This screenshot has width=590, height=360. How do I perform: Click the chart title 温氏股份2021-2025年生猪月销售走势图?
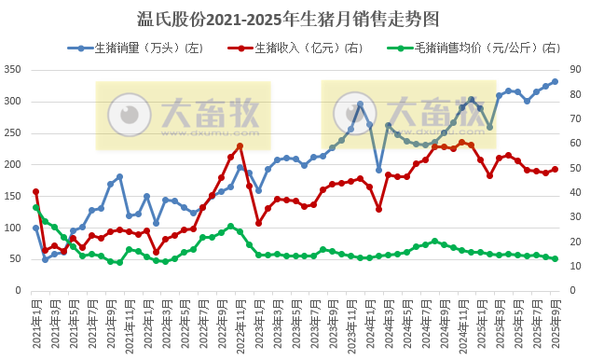tap(295, 18)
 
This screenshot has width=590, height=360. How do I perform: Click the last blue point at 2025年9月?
tap(555, 81)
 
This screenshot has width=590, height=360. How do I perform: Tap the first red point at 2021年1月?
tap(35, 191)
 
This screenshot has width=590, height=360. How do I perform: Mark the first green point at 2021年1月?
tap(35, 207)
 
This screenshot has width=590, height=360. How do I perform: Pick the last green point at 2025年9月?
tap(555, 259)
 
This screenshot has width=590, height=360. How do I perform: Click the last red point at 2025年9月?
tap(555, 169)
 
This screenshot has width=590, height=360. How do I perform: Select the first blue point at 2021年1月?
tap(35, 228)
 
